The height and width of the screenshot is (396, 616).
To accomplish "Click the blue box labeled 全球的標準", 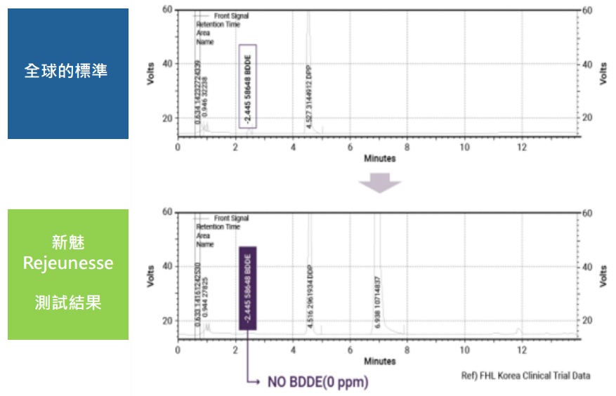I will (67, 72).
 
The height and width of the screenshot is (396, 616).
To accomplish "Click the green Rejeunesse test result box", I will (67, 274).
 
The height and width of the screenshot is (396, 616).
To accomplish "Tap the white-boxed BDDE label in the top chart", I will (248, 86).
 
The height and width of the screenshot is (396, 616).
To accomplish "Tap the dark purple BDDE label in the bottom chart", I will (248, 288).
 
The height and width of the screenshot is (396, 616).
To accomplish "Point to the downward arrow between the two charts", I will (379, 183).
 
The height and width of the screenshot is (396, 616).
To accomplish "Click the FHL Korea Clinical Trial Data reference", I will (525, 376).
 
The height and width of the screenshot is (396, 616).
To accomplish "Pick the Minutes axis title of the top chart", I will (379, 159).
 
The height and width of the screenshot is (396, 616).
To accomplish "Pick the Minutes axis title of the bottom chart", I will (379, 361).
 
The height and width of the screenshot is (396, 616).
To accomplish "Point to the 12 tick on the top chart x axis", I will (521, 147).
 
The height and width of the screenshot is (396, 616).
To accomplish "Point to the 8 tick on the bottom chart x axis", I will (407, 349).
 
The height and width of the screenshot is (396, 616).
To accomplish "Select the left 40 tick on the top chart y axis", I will (167, 64).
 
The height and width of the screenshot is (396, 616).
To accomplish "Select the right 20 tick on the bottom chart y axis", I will (587, 320).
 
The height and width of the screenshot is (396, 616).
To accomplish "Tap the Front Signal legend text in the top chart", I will (231, 15).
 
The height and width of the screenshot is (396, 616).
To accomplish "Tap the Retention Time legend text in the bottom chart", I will (218, 227).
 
